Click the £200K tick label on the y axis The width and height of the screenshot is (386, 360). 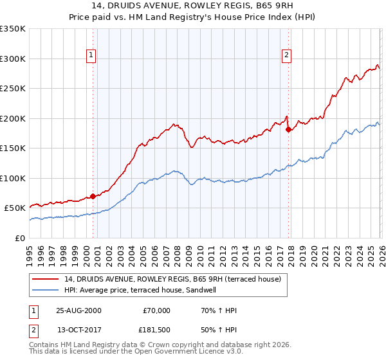(13, 118)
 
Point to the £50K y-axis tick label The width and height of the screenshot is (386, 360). (15, 208)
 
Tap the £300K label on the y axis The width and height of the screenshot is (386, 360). (13, 59)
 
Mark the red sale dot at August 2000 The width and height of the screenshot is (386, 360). (93, 196)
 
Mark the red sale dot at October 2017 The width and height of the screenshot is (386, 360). (288, 129)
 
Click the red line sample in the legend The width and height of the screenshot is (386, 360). (46, 280)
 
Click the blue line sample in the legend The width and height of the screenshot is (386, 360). (46, 290)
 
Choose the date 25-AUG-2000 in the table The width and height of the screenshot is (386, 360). (78, 310)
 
